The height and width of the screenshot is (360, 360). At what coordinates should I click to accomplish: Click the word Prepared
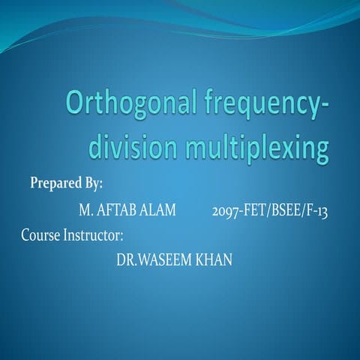click(55, 183)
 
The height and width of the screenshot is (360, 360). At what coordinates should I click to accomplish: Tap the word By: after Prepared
click(92, 183)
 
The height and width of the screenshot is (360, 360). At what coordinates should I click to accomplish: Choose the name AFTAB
click(118, 209)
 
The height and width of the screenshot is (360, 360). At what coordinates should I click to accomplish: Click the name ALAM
click(160, 209)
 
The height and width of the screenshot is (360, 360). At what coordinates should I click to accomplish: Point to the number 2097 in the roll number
click(226, 209)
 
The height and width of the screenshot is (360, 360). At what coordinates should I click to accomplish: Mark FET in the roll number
click(255, 209)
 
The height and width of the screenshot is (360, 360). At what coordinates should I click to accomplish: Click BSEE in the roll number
click(288, 209)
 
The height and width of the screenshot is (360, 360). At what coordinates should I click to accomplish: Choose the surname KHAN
click(214, 259)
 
